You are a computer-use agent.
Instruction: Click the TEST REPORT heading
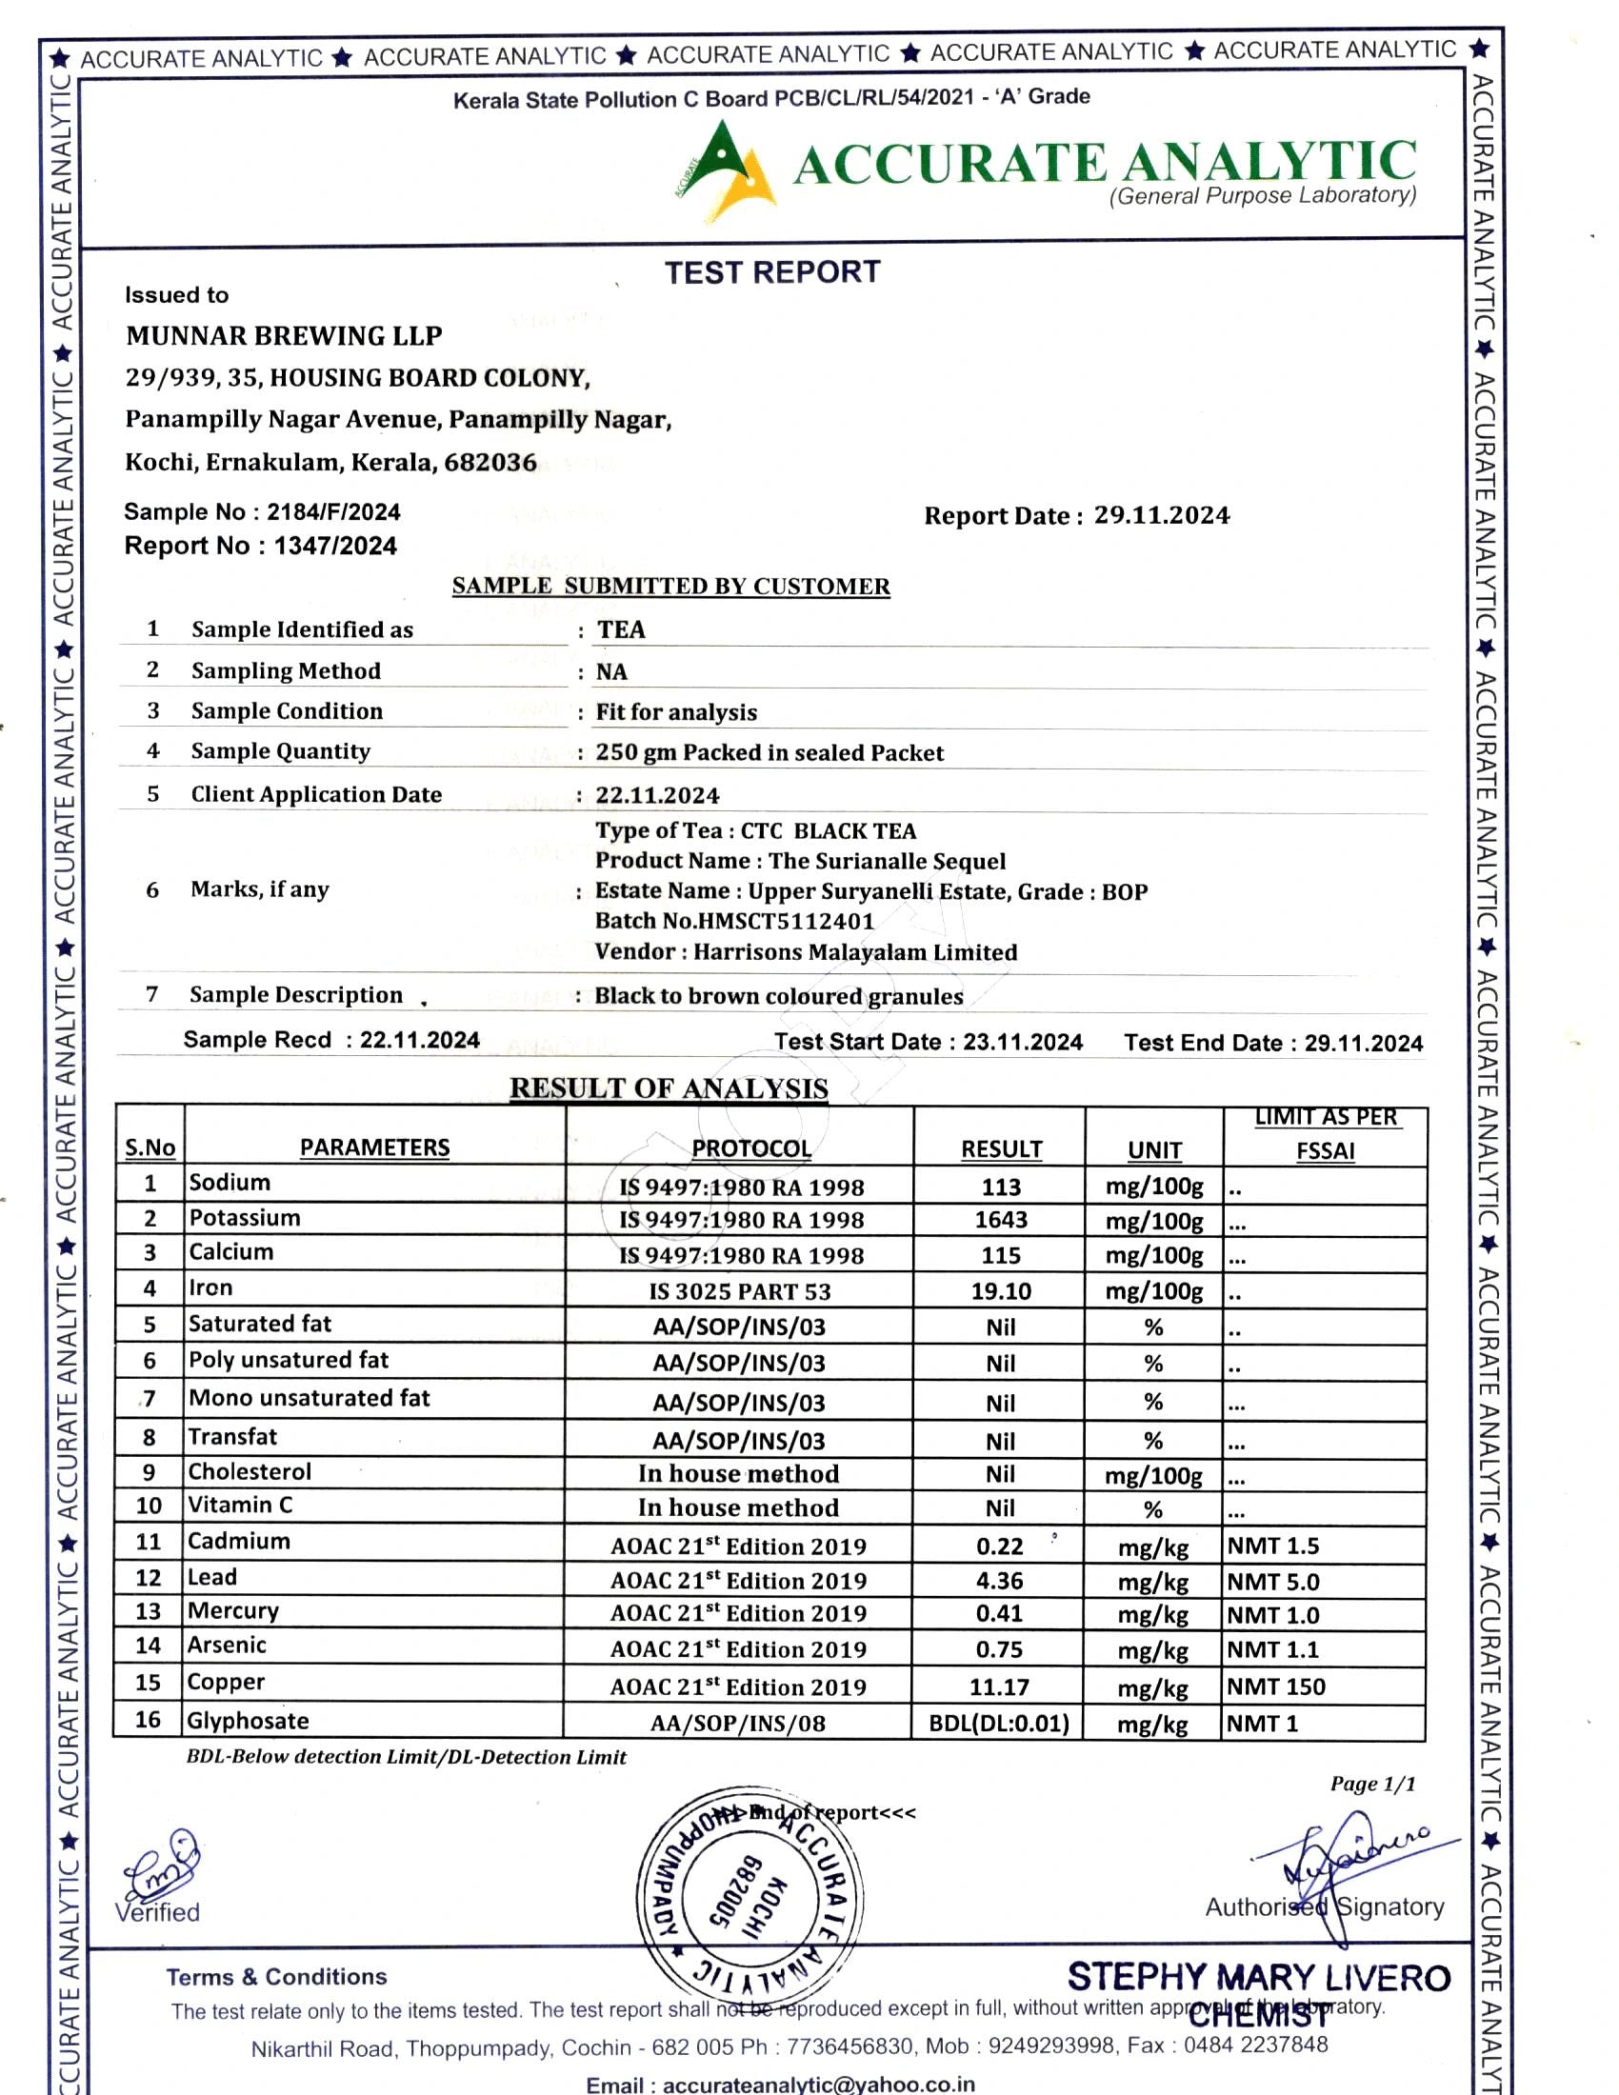(772, 272)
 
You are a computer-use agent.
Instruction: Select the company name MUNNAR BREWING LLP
(284, 336)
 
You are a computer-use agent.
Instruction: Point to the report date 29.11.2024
(1162, 515)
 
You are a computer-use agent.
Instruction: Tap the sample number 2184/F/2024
(332, 511)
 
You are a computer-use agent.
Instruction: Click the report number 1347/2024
(334, 546)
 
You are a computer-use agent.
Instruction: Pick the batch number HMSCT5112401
(787, 921)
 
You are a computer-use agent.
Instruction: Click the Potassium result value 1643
(1000, 1219)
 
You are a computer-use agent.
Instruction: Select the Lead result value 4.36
(999, 1581)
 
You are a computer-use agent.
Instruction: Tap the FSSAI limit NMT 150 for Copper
(1275, 1686)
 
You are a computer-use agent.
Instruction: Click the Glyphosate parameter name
(249, 1721)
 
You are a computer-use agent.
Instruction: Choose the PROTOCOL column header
(751, 1148)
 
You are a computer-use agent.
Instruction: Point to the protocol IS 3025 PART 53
(739, 1291)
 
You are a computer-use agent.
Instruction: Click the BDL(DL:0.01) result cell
(998, 1723)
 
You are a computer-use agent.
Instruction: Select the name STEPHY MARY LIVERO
(1258, 1977)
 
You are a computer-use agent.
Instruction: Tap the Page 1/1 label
(1372, 1784)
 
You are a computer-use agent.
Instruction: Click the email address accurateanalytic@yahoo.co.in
(818, 2085)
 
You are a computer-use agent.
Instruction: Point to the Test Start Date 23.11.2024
(1023, 1042)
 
